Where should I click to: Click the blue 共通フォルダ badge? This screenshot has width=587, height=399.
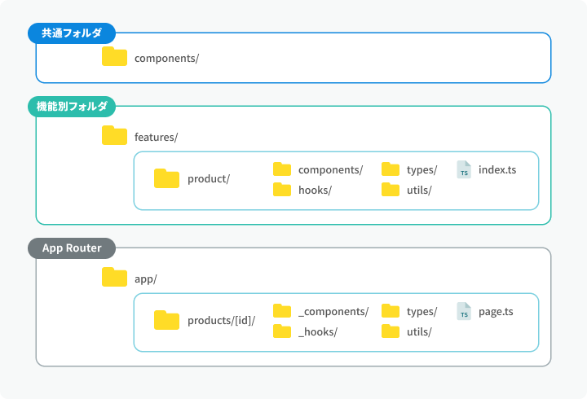72,33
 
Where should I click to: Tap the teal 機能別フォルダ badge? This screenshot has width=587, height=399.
72,107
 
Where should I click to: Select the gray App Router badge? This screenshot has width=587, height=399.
72,248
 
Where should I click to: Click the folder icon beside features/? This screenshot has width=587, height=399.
115,135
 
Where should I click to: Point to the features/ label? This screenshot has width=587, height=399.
156,138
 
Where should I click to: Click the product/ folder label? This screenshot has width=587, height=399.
209,179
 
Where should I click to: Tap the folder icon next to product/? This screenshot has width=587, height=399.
166,178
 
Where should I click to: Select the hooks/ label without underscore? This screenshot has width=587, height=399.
315,190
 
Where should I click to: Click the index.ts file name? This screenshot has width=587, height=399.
497,169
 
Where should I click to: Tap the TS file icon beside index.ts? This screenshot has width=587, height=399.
464,169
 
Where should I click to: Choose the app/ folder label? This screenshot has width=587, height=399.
146,279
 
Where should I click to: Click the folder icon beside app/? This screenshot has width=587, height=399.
115,277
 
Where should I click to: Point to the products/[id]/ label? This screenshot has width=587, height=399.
221,321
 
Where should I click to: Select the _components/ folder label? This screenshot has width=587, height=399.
333,312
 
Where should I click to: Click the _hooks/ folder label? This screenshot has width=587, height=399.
318,331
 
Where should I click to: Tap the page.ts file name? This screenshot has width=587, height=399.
496,312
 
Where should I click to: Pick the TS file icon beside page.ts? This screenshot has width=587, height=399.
464,311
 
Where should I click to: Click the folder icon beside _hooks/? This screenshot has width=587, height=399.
282,331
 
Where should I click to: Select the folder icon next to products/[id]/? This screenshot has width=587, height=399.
166,320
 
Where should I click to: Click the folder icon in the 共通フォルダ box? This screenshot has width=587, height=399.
115,56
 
